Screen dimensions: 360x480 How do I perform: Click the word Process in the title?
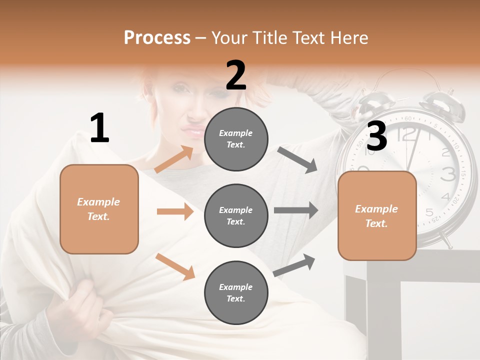(x=157, y=38)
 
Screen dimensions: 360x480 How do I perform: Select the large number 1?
(x=99, y=128)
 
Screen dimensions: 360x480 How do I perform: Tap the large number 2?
(x=236, y=75)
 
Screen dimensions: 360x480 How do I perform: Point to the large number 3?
(x=376, y=136)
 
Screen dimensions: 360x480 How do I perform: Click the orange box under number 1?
(x=99, y=209)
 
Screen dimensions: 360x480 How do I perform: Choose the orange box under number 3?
(x=377, y=216)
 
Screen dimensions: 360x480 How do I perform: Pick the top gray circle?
(x=236, y=139)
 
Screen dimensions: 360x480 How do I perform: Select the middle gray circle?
(x=236, y=215)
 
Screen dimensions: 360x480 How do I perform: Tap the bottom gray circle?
(x=236, y=292)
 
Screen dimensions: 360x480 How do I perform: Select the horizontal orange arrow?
(x=175, y=211)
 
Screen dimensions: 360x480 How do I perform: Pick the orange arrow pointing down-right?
(x=175, y=266)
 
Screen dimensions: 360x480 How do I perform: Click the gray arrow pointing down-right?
(x=297, y=160)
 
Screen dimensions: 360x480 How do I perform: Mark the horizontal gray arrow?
(x=296, y=210)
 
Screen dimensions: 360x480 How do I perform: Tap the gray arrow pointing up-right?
(x=294, y=265)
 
